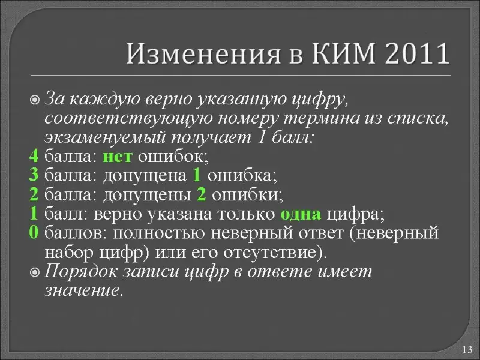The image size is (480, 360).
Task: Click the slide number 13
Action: pos(467,349)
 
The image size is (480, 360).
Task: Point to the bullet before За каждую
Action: pos(35,100)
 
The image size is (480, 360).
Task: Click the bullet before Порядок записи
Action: pos(35,272)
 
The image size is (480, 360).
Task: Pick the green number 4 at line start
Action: pos(34,156)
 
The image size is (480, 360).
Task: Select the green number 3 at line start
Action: pos(34,175)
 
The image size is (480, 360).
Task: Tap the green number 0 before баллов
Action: pos(34,233)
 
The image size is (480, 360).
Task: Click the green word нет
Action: pos(118,157)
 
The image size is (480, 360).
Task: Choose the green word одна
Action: pos(301,214)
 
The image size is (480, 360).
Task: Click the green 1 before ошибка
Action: pos(197,175)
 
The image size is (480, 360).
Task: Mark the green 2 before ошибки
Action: pos(201,194)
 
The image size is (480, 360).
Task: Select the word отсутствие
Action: pos(271,253)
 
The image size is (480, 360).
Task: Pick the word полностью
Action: pos(159,233)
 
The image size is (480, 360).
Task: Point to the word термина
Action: pos(322,119)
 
